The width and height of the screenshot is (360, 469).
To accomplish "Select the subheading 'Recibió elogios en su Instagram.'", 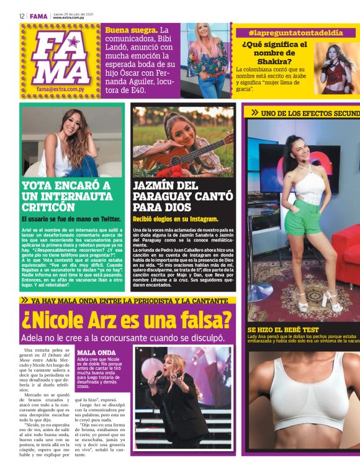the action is pos(175,219).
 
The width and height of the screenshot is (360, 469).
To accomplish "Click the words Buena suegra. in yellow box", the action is pos(131,30).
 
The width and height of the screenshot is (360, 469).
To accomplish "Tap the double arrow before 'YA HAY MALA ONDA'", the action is pos(25,300).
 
